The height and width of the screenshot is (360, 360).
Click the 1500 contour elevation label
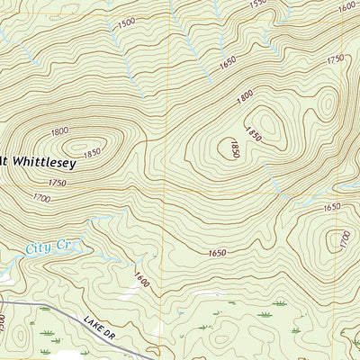(x=126, y=22)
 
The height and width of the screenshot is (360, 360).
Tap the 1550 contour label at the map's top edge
(x=258, y=4)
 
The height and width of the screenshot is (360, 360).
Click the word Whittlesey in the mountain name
(x=43, y=164)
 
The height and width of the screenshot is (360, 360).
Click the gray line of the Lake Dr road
(x=63, y=312)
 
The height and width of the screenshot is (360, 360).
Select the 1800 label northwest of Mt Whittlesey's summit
(x=59, y=131)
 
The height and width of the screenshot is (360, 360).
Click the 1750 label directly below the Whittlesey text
(x=58, y=182)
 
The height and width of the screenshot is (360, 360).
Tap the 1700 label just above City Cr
(x=40, y=197)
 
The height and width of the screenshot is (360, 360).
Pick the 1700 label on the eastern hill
(x=344, y=239)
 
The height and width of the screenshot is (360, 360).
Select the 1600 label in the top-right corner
(x=346, y=7)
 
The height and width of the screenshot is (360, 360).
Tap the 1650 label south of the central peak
(x=216, y=254)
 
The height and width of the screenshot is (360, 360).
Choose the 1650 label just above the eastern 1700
(x=332, y=207)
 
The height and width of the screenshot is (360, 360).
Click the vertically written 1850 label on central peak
(x=233, y=148)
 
